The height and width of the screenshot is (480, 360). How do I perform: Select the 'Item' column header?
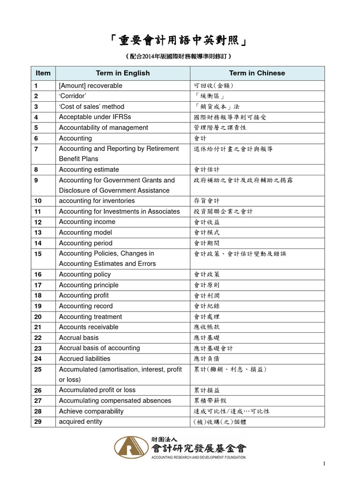(x=43, y=73)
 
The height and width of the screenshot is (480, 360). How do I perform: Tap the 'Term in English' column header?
(x=123, y=73)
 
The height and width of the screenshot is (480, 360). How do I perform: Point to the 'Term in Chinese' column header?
(x=257, y=73)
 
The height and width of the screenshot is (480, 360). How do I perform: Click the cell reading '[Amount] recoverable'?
(x=90, y=85)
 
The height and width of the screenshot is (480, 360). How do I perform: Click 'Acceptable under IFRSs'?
(x=95, y=117)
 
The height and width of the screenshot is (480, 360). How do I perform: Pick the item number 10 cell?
(x=38, y=201)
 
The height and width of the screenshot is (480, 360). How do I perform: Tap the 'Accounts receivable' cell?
(x=89, y=327)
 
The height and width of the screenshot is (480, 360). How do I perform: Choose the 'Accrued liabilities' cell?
(x=85, y=359)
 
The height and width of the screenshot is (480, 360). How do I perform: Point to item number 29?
(x=38, y=422)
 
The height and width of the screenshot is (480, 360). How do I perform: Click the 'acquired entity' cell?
(x=81, y=422)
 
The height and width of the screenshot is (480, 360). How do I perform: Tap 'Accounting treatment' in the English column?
(x=90, y=317)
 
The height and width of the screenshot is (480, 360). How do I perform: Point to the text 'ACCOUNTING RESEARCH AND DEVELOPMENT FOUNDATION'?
(x=198, y=457)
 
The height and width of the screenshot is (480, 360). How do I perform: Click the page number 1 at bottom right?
(x=324, y=464)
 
